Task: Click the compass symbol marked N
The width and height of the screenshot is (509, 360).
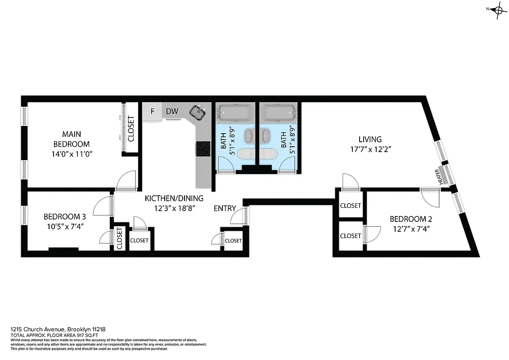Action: coord(498,9)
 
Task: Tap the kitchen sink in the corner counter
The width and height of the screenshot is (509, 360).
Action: coord(197,112)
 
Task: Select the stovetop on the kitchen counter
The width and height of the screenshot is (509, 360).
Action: coord(203,148)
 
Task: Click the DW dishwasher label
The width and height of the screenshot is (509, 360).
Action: coord(172,111)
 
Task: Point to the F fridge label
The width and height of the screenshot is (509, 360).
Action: coord(153,111)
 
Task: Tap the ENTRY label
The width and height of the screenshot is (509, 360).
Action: coord(225,208)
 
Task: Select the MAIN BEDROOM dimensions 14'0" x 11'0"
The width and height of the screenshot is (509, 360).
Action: coord(75,154)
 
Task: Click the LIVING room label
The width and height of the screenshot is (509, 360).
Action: coord(370,139)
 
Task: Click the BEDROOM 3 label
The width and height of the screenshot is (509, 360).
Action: coord(65,217)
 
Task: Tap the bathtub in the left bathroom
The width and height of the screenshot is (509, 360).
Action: coord(234,113)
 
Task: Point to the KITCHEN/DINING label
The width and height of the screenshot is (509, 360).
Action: coord(174,198)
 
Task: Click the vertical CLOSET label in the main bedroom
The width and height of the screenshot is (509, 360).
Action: coord(131,129)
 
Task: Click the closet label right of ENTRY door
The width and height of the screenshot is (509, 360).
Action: coord(233,241)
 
